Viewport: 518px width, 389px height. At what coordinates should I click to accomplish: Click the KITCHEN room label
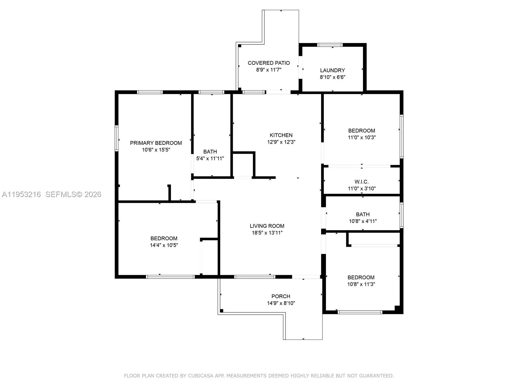click(281, 135)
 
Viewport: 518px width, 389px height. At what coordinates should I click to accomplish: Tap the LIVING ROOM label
click(267, 226)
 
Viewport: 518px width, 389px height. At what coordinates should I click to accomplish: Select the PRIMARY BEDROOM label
click(156, 143)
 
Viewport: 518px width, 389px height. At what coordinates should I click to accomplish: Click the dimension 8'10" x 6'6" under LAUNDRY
click(332, 77)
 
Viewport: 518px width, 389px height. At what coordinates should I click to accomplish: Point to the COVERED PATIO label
click(269, 63)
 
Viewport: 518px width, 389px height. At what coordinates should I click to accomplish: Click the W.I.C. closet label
click(362, 182)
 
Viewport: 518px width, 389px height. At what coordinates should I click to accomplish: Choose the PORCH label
click(281, 296)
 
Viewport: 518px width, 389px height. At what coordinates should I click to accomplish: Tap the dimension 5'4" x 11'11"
click(210, 159)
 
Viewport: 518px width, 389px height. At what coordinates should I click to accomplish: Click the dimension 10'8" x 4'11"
click(363, 221)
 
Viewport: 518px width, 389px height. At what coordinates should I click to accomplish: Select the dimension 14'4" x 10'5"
click(164, 245)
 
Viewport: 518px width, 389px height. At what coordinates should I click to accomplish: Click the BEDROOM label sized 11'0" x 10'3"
click(362, 131)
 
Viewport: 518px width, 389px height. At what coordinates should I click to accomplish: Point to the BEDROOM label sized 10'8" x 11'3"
click(361, 277)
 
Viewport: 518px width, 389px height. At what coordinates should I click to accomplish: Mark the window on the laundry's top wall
click(330, 45)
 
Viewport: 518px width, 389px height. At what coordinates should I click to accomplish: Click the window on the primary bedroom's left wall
click(117, 138)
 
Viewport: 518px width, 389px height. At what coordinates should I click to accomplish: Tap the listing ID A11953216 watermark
click(21, 194)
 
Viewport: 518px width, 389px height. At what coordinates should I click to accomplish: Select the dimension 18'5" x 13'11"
click(267, 233)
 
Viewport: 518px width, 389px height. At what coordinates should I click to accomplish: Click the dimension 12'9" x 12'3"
click(281, 142)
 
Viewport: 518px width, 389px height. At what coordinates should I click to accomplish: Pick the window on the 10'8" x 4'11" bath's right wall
click(401, 215)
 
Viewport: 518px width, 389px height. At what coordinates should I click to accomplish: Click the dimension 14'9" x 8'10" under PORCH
click(281, 303)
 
